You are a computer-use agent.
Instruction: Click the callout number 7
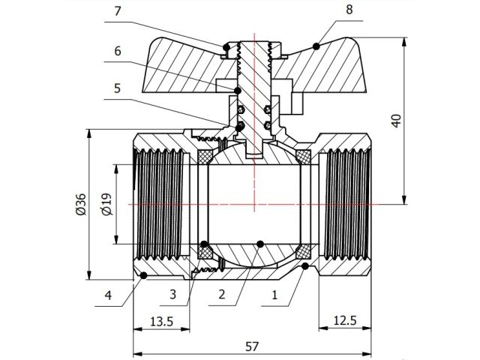click(116, 11)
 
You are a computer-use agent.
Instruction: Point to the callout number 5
click(116, 86)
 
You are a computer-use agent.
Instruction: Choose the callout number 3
click(173, 295)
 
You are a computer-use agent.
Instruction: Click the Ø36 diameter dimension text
click(82, 205)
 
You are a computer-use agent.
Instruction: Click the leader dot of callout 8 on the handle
click(317, 46)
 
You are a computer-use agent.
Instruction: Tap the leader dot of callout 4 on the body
click(143, 276)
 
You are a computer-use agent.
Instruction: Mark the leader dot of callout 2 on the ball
click(259, 243)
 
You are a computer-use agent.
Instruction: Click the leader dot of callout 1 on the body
click(306, 266)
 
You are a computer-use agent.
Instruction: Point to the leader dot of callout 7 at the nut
click(225, 49)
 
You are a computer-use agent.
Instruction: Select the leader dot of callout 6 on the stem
click(238, 91)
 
